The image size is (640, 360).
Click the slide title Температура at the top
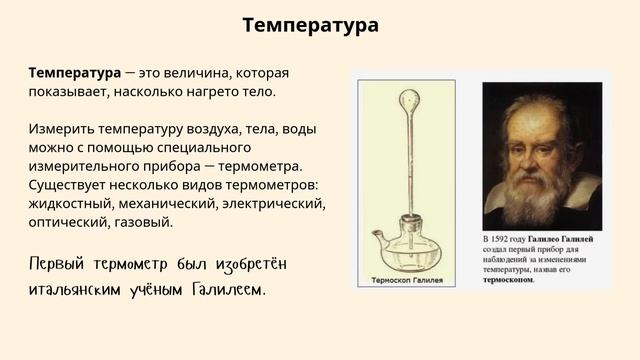click(310, 26)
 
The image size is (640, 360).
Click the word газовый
click(146, 222)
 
